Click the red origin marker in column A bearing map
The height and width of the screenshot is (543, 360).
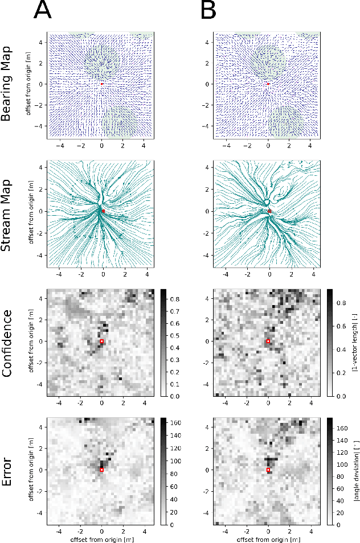click(102, 84)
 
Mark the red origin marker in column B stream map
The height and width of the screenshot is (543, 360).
click(269, 211)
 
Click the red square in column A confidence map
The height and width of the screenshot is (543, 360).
click(101, 342)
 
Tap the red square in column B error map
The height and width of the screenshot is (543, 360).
click(268, 470)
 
